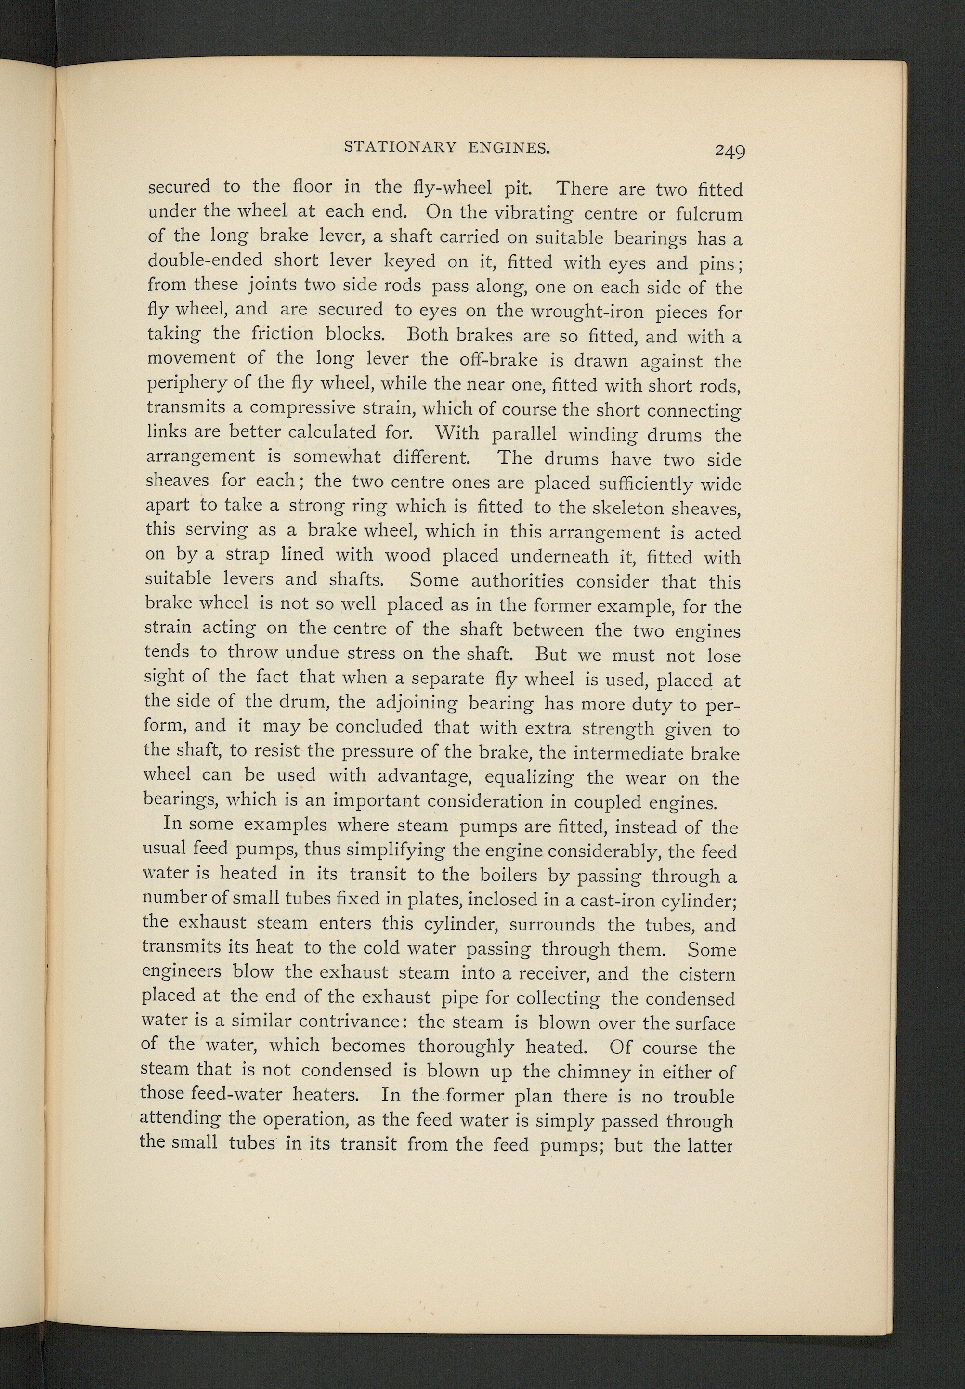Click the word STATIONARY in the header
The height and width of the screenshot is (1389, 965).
[x=399, y=147]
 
